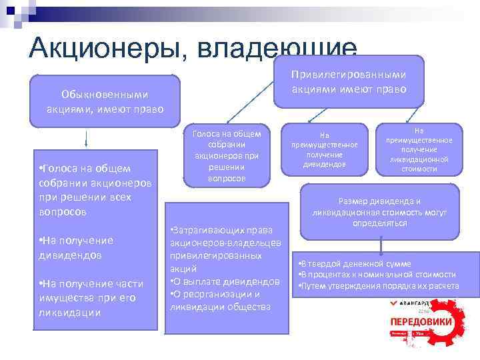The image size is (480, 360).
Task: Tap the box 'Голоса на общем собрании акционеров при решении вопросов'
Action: point(227,155)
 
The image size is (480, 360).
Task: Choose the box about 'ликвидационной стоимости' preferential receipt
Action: point(419,150)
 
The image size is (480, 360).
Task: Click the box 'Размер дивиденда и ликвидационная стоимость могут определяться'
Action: point(380,212)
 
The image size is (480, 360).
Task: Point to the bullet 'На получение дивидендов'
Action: point(76,247)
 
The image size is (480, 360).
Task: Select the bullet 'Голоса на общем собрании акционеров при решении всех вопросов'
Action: point(93,190)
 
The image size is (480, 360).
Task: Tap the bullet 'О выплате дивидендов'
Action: point(225,281)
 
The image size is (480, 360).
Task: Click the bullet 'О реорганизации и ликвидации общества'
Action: point(220,300)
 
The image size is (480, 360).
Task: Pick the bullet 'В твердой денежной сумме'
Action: point(355,264)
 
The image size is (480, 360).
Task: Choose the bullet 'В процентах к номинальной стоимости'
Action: point(377,275)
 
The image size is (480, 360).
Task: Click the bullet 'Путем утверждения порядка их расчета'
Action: point(378,286)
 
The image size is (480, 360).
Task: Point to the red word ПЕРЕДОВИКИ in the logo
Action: point(421,322)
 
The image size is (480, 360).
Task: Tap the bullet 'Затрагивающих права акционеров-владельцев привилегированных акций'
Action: point(225,248)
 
